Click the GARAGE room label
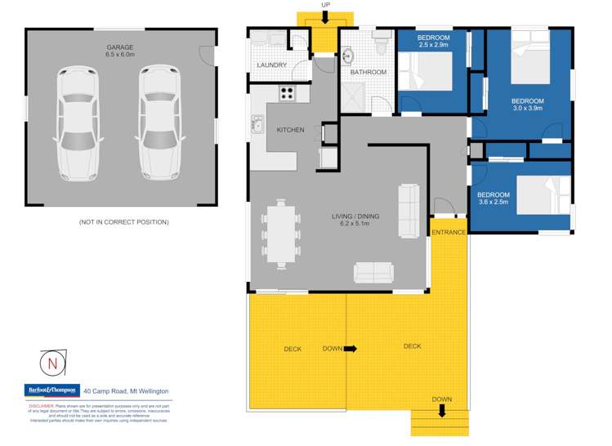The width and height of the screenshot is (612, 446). pyautogui.click(x=119, y=47)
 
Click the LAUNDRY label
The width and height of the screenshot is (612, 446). pyautogui.click(x=270, y=65)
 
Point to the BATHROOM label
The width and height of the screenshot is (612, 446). pyautogui.click(x=368, y=72)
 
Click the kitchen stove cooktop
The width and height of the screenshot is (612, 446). pyautogui.click(x=287, y=93)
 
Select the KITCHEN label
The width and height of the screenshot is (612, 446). pyautogui.click(x=290, y=130)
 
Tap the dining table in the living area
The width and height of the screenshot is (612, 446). pyautogui.click(x=281, y=233)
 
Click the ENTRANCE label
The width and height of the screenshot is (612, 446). pyautogui.click(x=449, y=233)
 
